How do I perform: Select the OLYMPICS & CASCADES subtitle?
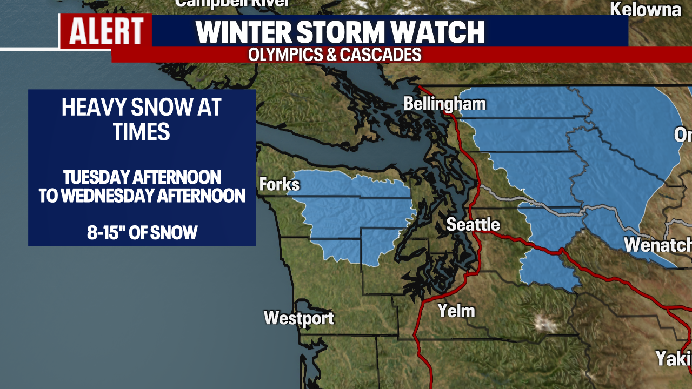tap(335, 55)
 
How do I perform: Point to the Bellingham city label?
tap(445, 104)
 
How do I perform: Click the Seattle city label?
tap(473, 224)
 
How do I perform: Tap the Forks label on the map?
tap(279, 185)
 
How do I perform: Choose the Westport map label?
tap(299, 318)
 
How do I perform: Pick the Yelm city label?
tap(456, 311)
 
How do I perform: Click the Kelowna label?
tap(646, 9)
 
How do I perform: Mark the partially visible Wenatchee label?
tap(657, 245)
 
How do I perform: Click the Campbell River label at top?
tap(232, 3)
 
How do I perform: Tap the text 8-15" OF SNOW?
tap(142, 233)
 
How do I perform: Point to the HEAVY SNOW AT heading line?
tap(142, 108)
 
